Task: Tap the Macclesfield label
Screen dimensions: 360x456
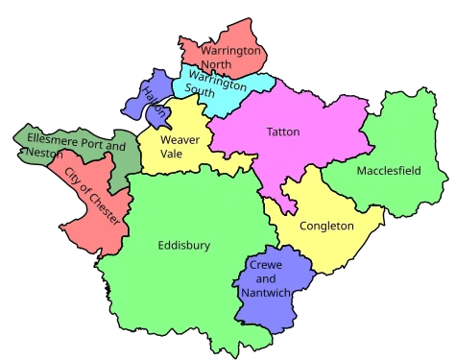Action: click(x=388, y=171)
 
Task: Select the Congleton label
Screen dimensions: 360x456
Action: click(x=326, y=227)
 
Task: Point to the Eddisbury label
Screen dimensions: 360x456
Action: click(x=183, y=246)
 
